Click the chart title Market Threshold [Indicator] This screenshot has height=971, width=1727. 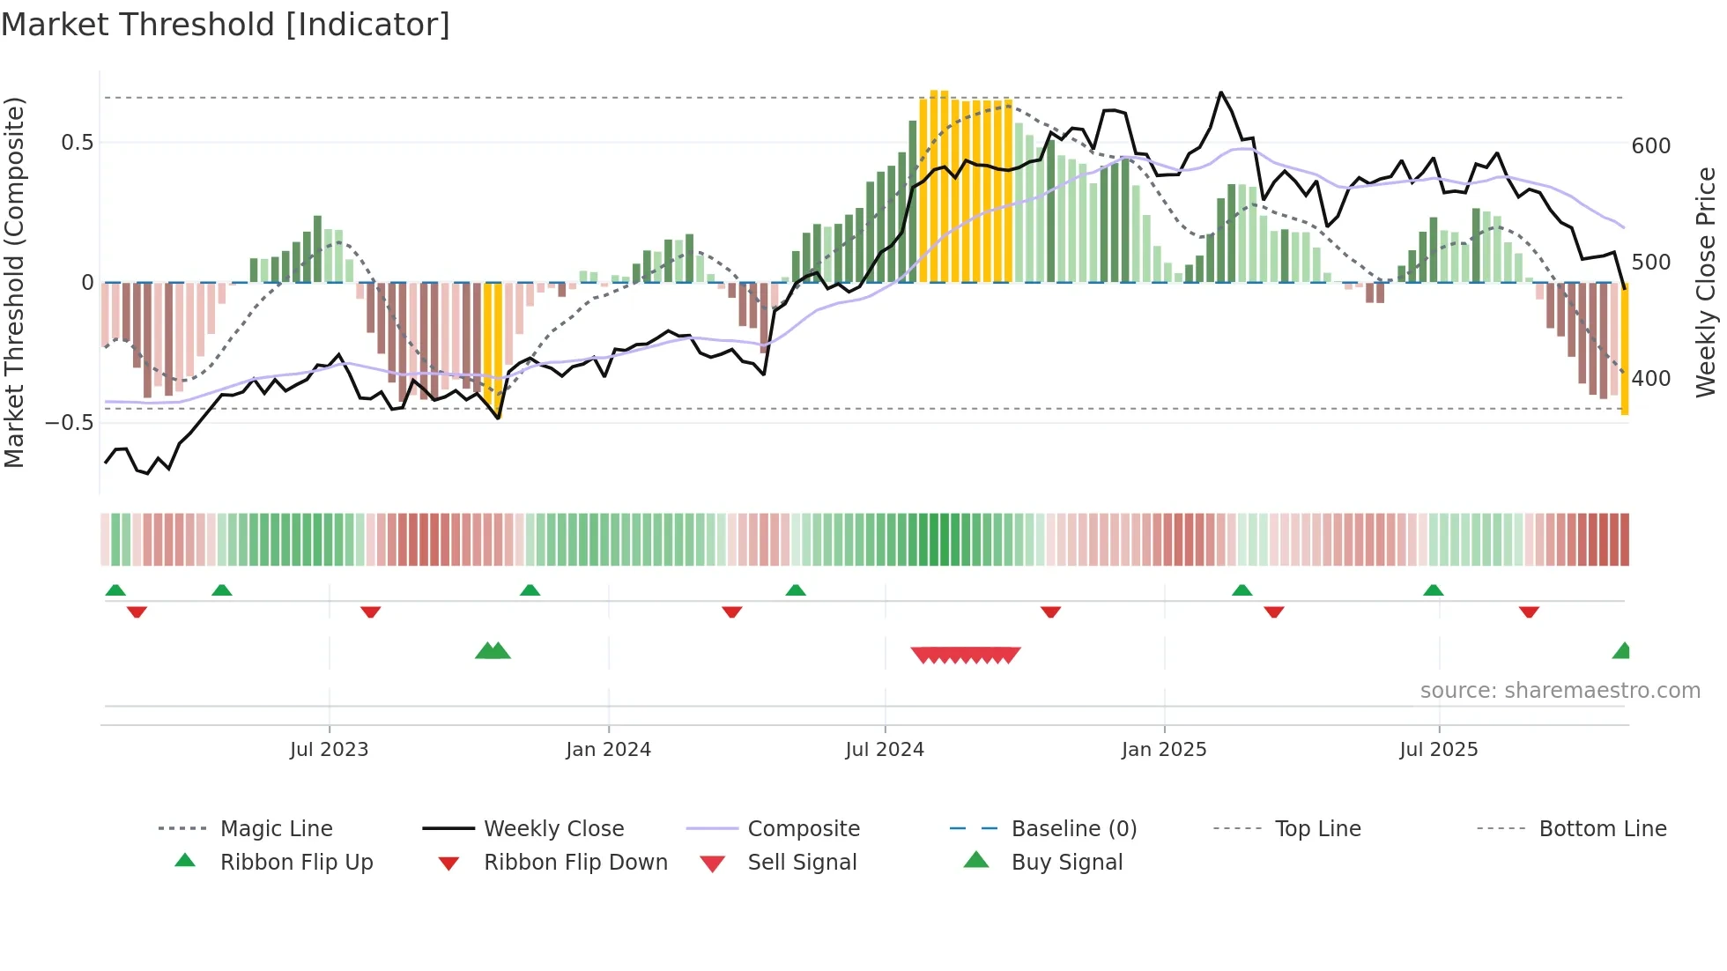[x=226, y=25]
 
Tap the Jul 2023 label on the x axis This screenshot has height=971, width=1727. [x=329, y=750]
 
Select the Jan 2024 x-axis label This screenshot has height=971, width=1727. [x=608, y=750]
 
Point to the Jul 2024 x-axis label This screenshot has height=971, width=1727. [x=885, y=750]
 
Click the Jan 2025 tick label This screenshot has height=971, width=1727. [x=1164, y=750]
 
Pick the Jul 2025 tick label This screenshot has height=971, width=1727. [x=1439, y=750]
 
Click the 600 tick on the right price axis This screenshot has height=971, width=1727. [x=1650, y=146]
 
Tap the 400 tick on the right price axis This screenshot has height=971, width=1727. [x=1650, y=379]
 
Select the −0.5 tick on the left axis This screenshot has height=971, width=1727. [x=69, y=423]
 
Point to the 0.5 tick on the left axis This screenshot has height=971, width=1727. [x=77, y=143]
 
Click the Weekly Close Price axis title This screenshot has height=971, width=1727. [x=1706, y=282]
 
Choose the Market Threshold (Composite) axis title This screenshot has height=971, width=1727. [x=14, y=282]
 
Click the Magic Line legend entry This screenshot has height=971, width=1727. [x=276, y=829]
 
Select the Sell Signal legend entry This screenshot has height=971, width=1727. [x=802, y=863]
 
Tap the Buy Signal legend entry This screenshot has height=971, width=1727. [x=1066, y=863]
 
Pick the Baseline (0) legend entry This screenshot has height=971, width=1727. [x=1073, y=829]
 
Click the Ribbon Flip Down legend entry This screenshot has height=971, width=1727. [x=575, y=863]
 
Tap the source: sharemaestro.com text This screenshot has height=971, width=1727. [x=1560, y=691]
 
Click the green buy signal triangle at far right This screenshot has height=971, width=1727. [x=1622, y=652]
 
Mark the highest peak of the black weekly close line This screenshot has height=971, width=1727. [x=1220, y=93]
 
